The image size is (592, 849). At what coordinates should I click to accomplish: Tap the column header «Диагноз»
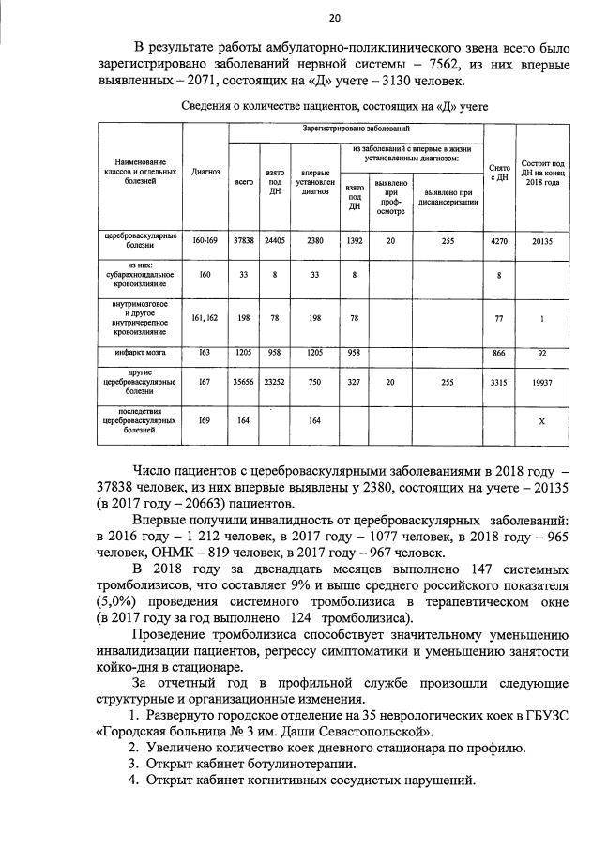(x=205, y=173)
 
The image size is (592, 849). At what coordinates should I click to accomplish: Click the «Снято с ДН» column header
(x=499, y=173)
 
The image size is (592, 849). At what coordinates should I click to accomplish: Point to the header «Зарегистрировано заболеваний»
(x=356, y=127)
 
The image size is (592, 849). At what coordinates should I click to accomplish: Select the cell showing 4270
(x=499, y=241)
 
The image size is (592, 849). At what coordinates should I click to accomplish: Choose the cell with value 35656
(x=243, y=383)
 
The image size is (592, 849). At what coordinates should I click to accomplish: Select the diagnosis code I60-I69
(x=205, y=241)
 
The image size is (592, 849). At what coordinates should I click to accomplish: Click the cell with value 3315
(x=499, y=383)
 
